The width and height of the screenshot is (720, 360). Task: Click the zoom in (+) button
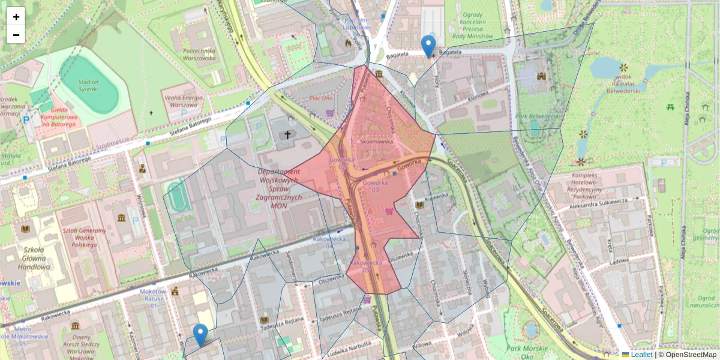tap(16, 17)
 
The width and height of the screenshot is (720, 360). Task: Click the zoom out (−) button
tap(16, 35)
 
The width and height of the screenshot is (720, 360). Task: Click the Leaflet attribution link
tap(641, 355)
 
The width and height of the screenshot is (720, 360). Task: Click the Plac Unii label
tap(320, 98)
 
